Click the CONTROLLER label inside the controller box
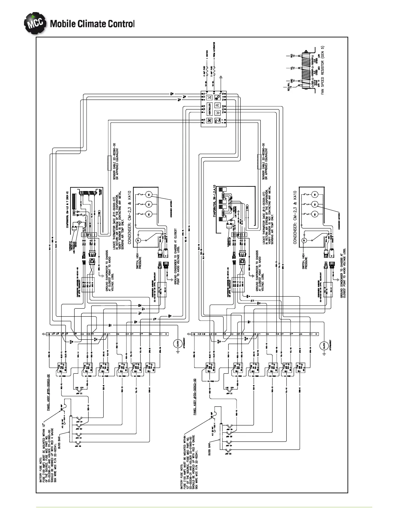point(210,109)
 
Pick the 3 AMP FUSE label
point(204,71)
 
